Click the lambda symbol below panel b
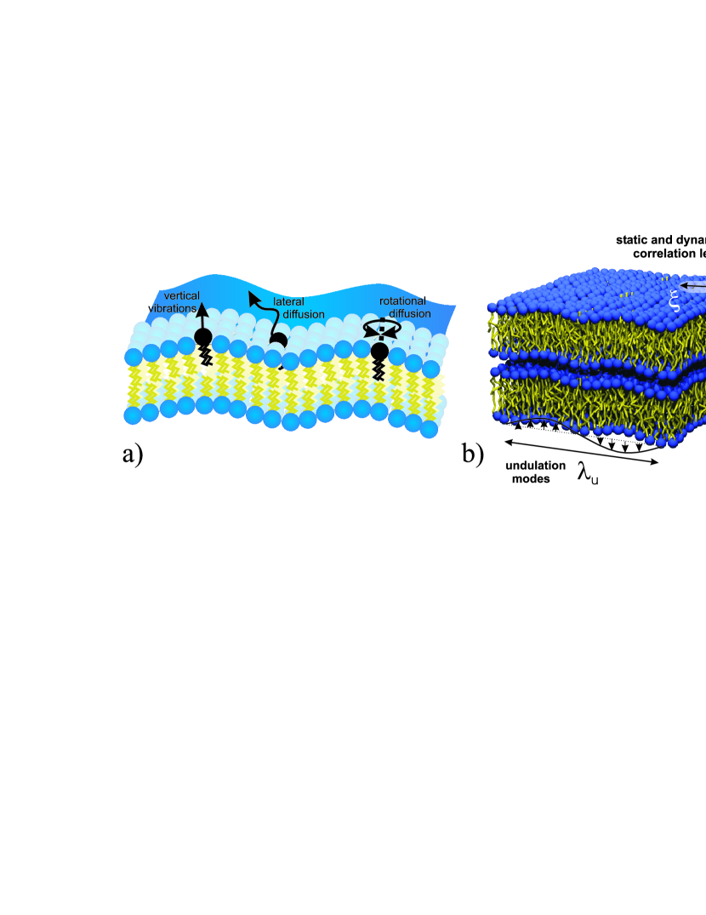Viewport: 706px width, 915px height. coord(586,474)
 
